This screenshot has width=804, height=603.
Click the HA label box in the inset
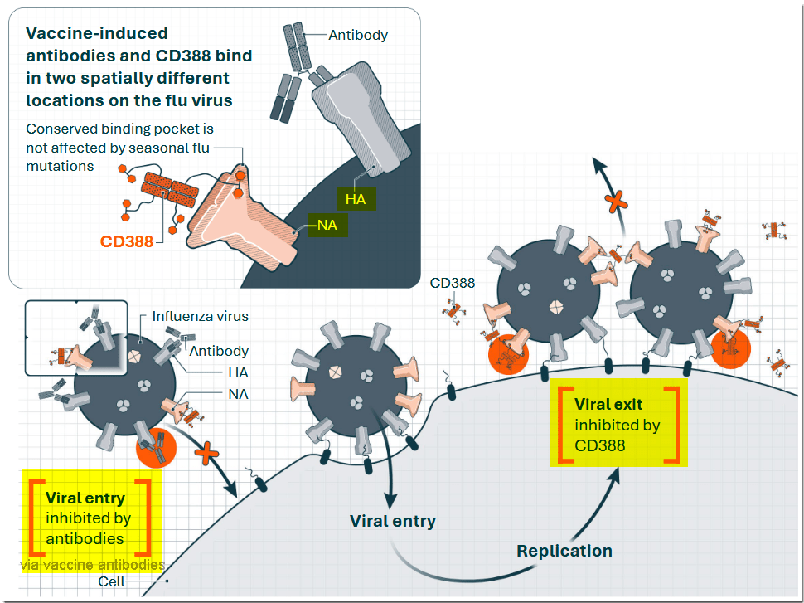point(356,199)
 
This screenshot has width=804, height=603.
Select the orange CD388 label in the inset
point(126,242)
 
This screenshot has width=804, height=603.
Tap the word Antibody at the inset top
point(358,35)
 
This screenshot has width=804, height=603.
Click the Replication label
point(564,551)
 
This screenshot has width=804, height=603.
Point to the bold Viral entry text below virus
point(392,521)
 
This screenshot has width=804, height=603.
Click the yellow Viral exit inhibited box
point(619,424)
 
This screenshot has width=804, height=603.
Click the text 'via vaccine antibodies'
point(92,565)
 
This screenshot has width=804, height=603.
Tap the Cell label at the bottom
point(111,581)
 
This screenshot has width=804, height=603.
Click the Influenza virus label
point(200,316)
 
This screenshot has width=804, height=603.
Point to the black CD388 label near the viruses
point(453,283)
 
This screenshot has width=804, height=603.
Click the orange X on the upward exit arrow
point(614,201)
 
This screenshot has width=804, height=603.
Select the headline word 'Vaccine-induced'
point(97,34)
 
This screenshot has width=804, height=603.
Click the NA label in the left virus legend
point(239,395)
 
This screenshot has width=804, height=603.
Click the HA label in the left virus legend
point(239,373)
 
